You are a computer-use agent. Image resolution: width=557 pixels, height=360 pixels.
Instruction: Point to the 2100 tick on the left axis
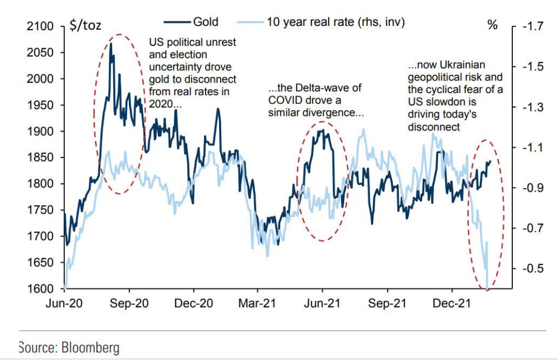(43, 26)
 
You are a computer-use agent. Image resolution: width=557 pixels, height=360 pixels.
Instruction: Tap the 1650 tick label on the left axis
(43, 263)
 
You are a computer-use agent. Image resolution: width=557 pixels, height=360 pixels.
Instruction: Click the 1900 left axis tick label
(43, 131)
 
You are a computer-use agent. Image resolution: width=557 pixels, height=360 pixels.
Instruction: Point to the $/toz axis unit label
(85, 25)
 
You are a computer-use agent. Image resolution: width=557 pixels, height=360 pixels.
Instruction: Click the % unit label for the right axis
(493, 25)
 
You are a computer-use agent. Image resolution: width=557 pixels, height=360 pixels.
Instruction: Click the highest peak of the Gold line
(111, 44)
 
